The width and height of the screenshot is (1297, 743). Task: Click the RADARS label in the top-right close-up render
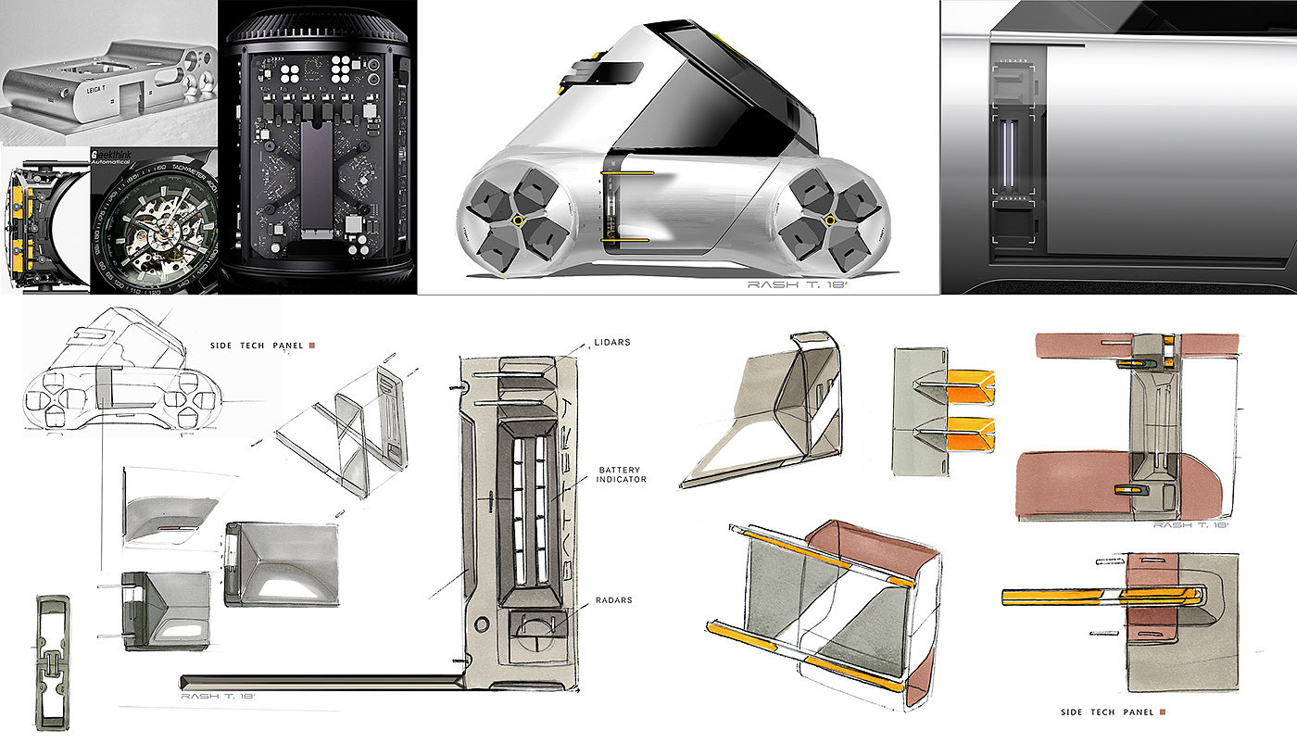coord(1014,198)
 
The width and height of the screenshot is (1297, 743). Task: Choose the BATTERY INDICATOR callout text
coord(621,473)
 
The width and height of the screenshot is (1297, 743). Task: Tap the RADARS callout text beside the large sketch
coord(613,600)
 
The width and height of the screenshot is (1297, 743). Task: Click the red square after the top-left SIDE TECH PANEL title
coord(313,346)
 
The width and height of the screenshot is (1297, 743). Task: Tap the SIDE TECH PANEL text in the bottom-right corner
coord(1107,712)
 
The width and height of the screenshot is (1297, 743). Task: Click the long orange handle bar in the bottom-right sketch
coord(1102,596)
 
